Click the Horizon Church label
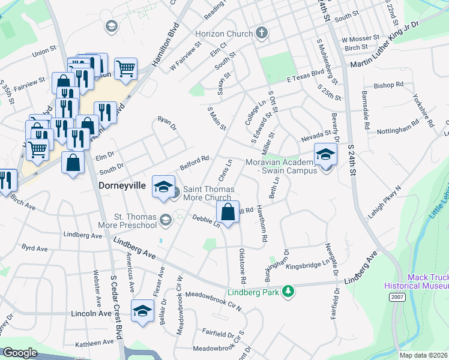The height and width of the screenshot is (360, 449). coord(228,34)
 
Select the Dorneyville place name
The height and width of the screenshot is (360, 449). coord(122,186)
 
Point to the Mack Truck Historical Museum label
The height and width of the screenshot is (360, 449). coord(428,282)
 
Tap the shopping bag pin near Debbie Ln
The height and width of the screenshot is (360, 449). coord(228,213)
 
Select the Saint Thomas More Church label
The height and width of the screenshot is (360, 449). coord(207,193)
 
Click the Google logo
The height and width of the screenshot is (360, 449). coord(20,352)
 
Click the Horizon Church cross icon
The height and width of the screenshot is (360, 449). coord(261,32)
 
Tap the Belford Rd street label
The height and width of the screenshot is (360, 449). coord(194,163)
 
